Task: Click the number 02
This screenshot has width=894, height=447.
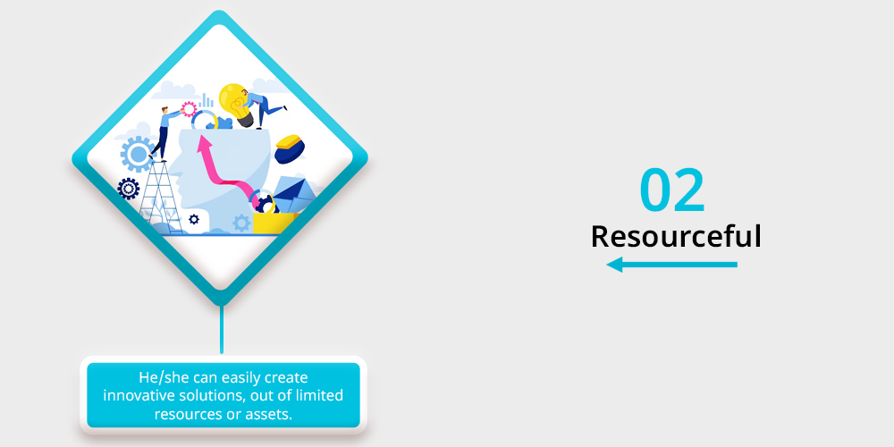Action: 672,190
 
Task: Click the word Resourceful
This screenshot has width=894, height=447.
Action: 676,236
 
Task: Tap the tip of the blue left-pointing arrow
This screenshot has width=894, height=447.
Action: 607,265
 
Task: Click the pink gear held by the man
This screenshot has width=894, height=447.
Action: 189,109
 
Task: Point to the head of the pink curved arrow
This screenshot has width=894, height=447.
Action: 202,142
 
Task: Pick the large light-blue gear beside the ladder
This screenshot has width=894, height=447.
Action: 138,154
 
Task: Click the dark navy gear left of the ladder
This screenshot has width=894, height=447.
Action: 128,188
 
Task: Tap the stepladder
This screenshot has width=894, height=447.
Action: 160,197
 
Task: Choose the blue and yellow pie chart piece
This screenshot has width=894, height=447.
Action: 289,148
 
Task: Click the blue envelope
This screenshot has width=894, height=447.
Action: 295,194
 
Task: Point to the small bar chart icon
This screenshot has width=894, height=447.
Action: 207,101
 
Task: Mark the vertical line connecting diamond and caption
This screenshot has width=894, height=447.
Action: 221,330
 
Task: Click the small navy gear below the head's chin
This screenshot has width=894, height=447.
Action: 194,219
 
